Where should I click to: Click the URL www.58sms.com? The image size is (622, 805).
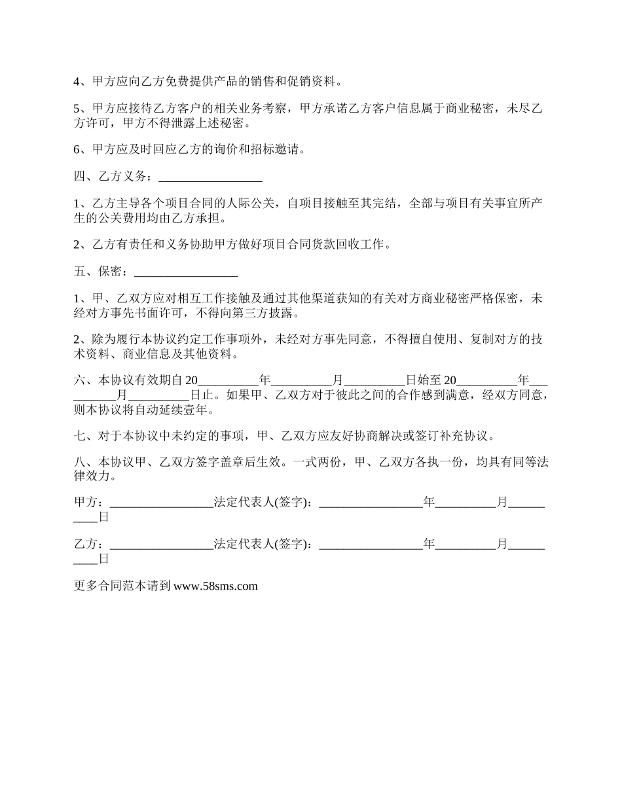(x=215, y=586)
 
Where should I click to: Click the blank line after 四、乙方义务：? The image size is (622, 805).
(x=210, y=177)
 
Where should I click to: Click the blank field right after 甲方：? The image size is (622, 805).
(x=162, y=503)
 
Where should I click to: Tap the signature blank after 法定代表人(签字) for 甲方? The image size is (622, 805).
(x=371, y=503)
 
